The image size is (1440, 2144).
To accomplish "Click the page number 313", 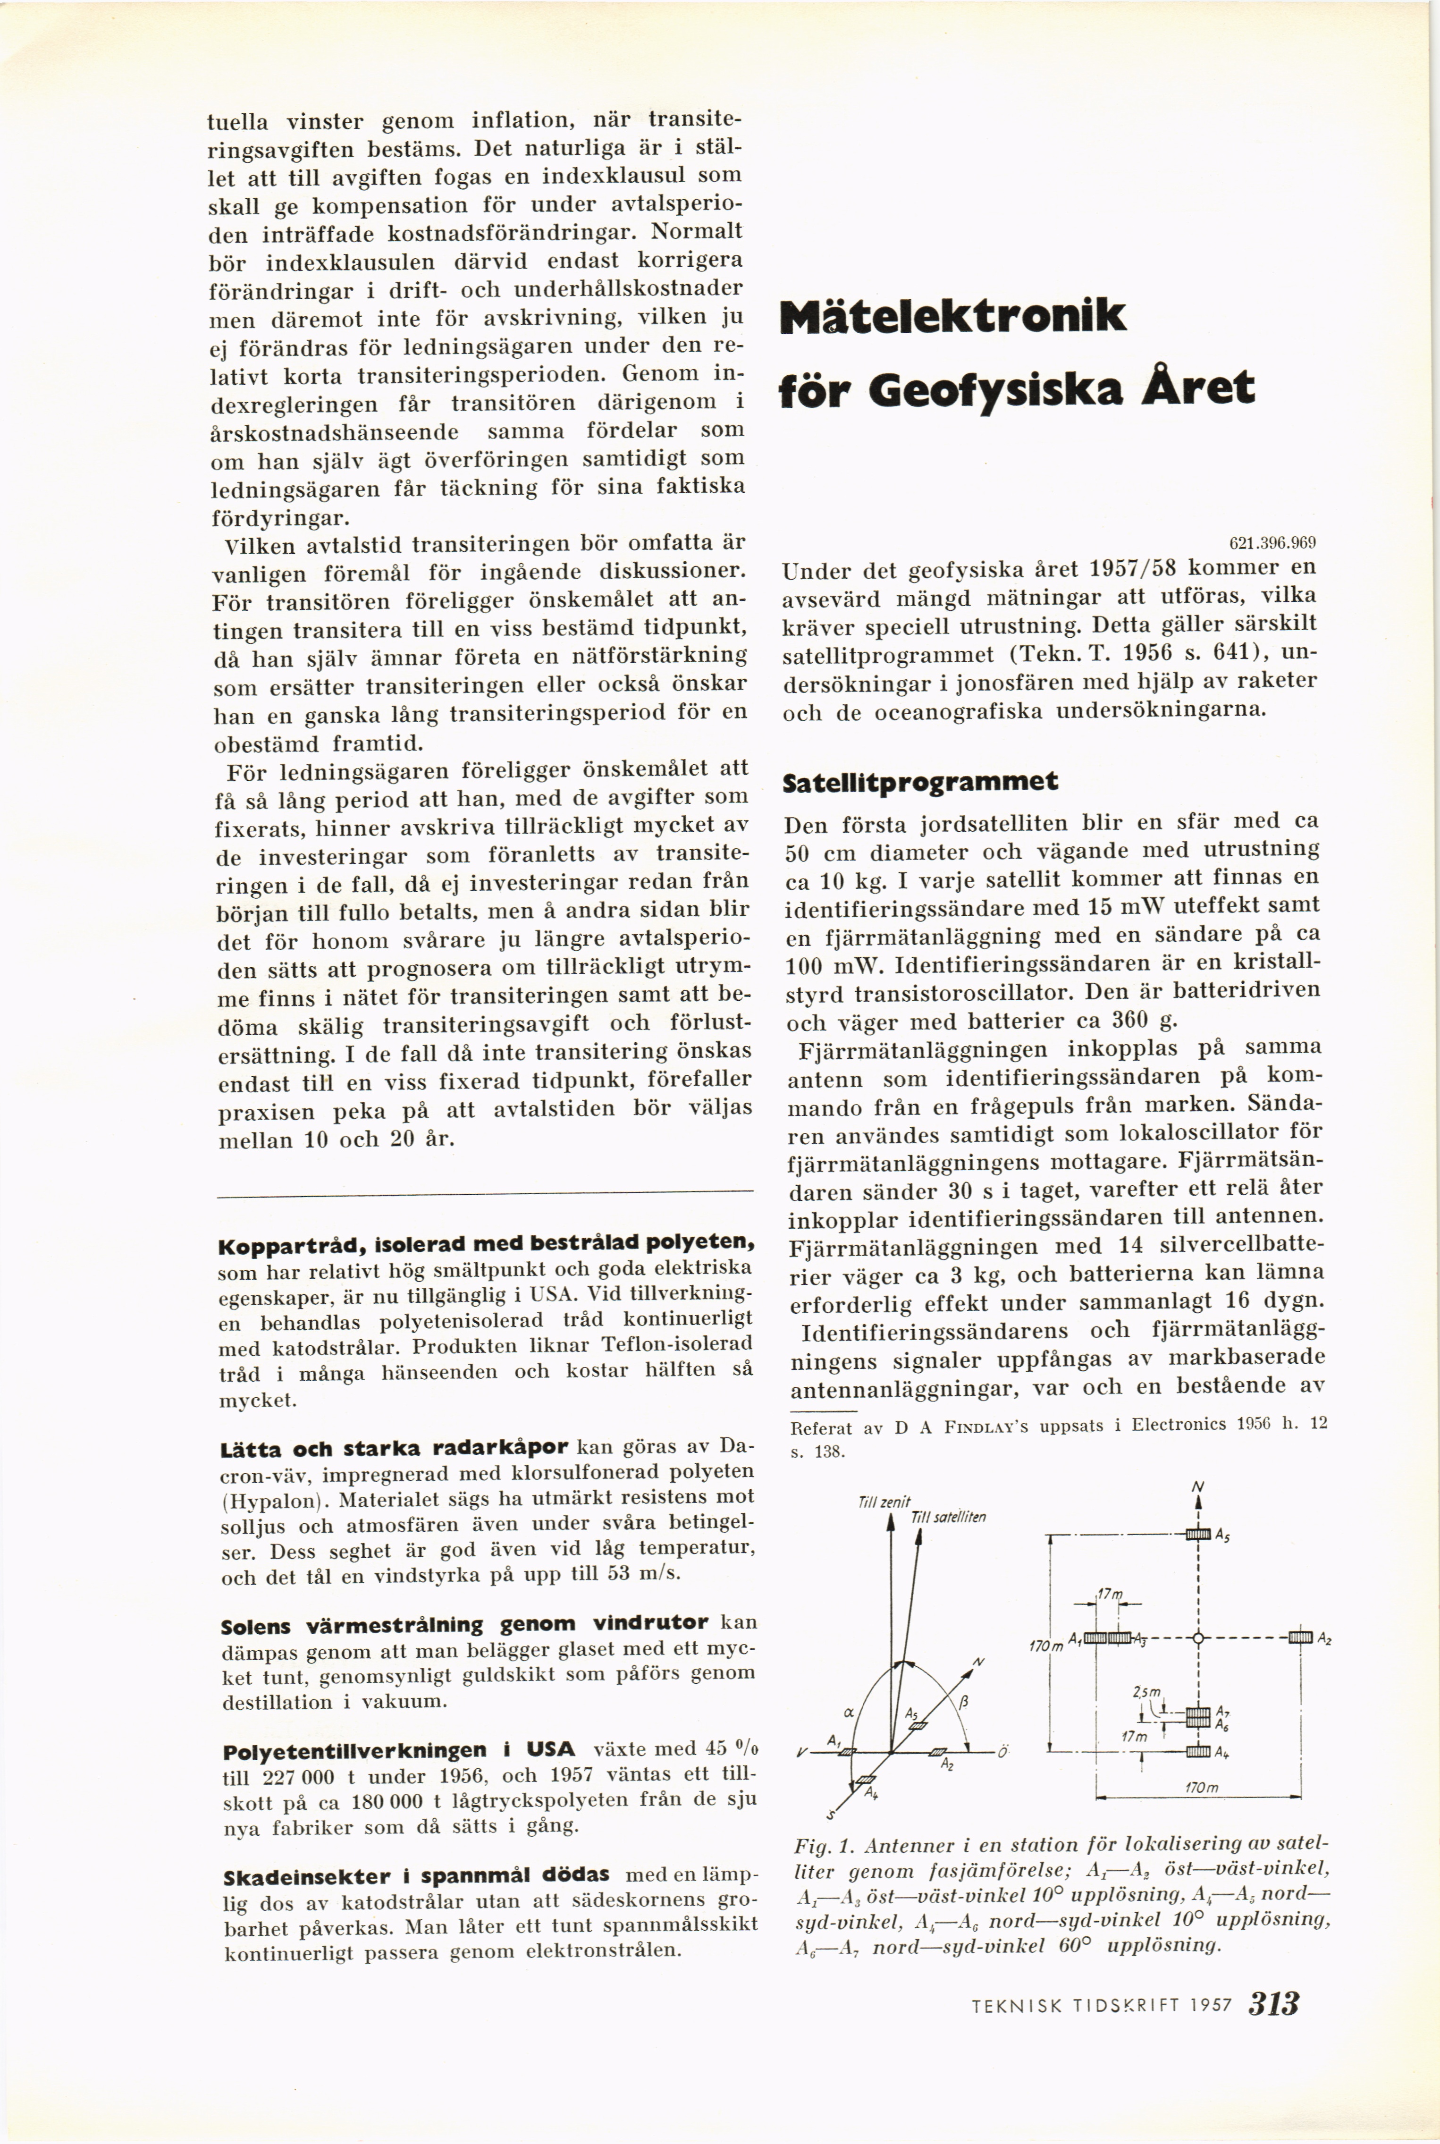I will tap(1274, 2002).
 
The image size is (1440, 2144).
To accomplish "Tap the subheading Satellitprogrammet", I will tap(919, 782).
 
